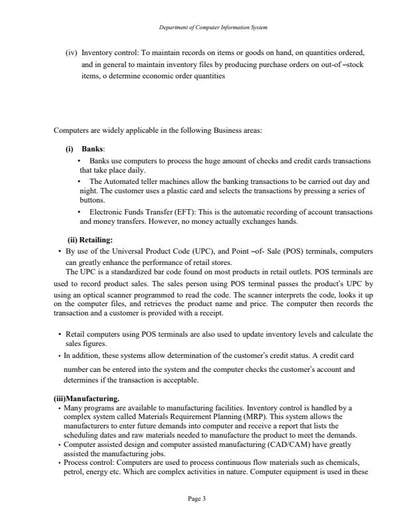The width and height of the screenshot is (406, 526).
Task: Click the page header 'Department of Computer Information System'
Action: click(x=202, y=27)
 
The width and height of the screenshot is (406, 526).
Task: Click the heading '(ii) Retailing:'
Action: click(x=90, y=240)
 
